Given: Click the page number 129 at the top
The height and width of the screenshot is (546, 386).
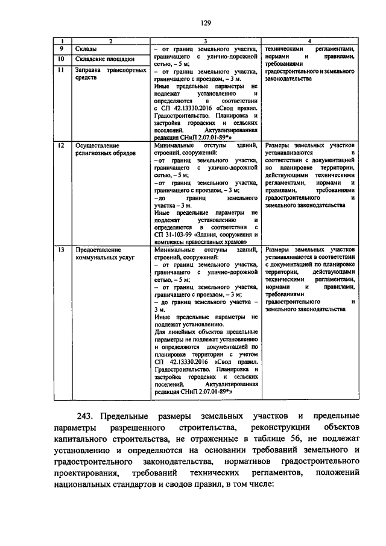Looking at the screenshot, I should click(x=206, y=24).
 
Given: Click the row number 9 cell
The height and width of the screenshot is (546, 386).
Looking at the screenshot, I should click(x=61, y=48).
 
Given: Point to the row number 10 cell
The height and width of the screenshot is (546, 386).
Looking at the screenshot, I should click(x=61, y=59).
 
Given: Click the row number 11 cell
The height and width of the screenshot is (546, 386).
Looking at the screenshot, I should click(x=61, y=70).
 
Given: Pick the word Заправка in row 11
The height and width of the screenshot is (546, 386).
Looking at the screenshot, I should click(x=88, y=70).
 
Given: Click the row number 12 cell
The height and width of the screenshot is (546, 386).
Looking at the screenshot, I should click(x=61, y=146).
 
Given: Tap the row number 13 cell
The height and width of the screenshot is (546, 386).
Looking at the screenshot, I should click(x=61, y=249).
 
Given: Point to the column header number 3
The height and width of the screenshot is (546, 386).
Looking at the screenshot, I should click(x=205, y=40).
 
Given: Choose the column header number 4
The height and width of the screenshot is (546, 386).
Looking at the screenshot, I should click(x=309, y=40).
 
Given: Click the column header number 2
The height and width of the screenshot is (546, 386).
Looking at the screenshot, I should click(x=110, y=40).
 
